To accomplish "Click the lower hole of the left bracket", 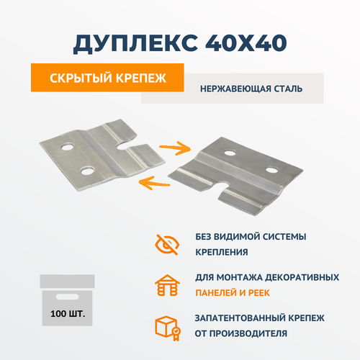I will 88,171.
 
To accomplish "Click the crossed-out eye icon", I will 167,245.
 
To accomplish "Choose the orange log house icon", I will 167,286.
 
